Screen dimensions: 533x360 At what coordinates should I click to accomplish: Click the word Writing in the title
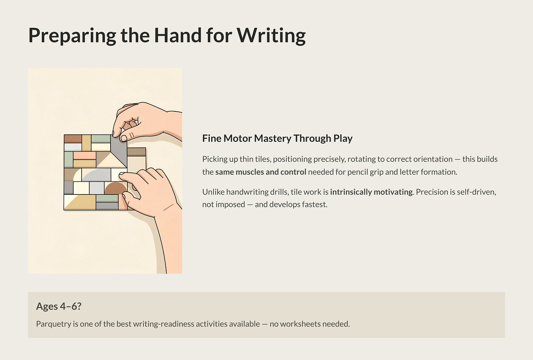point(271,36)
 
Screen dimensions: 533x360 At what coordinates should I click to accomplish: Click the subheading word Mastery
point(273,138)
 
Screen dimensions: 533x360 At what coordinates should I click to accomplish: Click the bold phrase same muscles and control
point(261,172)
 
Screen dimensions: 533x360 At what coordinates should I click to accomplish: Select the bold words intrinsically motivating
point(372,192)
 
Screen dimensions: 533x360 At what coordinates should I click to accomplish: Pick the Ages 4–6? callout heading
point(59,306)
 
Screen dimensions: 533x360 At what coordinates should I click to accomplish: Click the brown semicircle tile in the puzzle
point(116,188)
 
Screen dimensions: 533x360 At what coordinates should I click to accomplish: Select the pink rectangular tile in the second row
point(85,156)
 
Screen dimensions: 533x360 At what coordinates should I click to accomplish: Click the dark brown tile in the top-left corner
point(73,139)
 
